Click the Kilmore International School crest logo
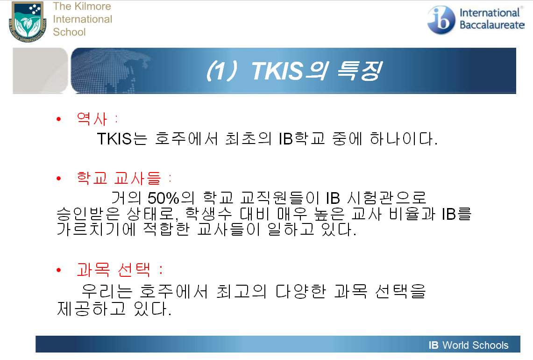pos(28,22)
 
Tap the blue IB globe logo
pos(441,20)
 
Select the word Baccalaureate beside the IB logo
pos(492,25)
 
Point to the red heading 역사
pos(92,119)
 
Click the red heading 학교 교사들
pos(119,178)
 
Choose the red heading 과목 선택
pos(113,270)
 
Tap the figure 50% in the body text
pos(163,198)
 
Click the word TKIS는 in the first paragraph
pos(122,139)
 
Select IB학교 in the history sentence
pos(302,139)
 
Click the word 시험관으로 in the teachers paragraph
pos(386,198)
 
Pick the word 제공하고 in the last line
pos(91,309)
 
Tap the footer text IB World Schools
pos(469,345)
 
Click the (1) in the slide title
pos(221,71)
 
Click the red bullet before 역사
pos(59,119)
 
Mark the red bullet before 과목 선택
pos(59,270)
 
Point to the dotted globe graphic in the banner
pos(109,71)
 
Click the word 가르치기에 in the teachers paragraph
pos(96,229)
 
